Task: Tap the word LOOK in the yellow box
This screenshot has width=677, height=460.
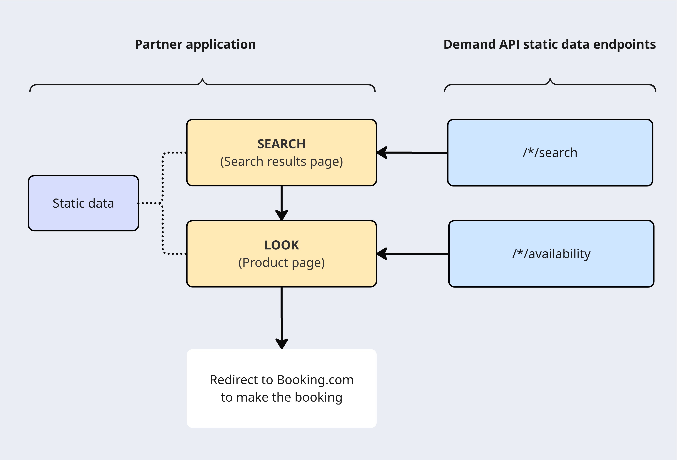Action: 281,245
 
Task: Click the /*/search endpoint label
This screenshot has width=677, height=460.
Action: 550,153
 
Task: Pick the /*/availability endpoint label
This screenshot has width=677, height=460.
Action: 551,254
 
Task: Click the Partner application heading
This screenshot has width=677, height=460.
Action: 195,44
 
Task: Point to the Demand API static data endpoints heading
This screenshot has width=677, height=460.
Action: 549,44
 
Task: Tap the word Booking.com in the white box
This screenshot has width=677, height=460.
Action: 315,380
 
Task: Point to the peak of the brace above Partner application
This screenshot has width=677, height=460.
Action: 202,79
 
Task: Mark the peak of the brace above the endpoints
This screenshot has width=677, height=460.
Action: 550,79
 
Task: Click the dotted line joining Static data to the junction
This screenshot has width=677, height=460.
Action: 149,203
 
